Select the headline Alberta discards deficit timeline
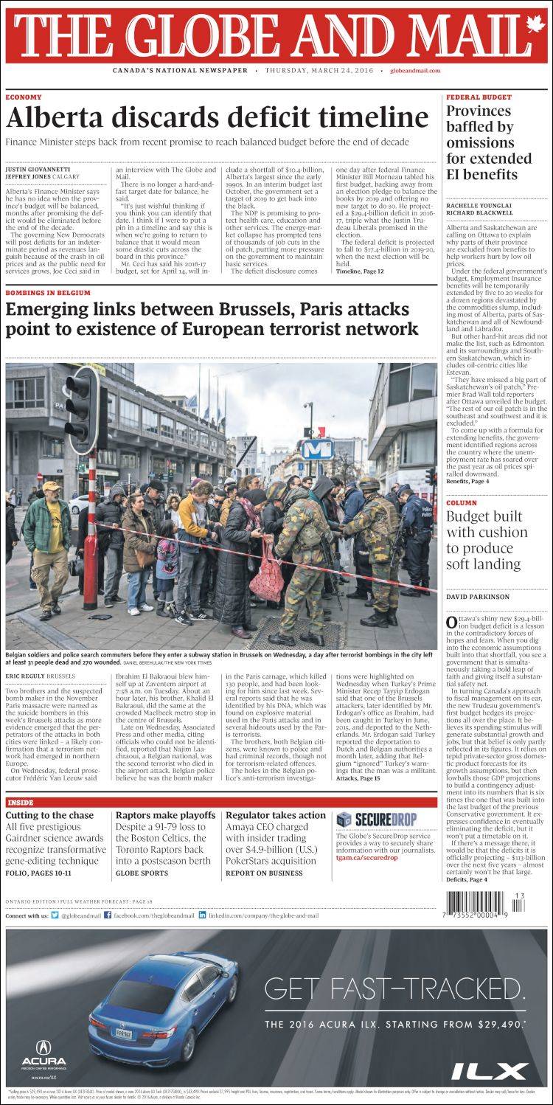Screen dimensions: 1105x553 (217, 118)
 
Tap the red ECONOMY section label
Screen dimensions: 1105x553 (24, 97)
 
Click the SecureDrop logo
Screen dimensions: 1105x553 (376, 819)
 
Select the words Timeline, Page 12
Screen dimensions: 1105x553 (360, 271)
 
